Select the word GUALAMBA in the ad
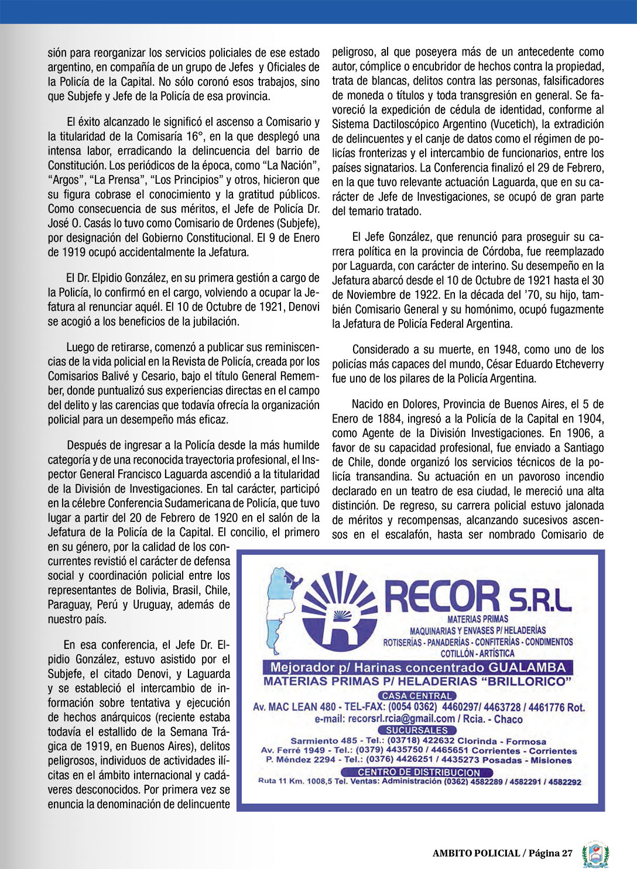528,667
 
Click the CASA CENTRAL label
417,696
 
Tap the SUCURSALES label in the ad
417,730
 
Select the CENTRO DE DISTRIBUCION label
419,772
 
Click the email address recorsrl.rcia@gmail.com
401,719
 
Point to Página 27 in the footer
550,853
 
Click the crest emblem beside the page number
595,855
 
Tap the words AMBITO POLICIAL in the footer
476,853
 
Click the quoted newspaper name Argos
65,180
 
